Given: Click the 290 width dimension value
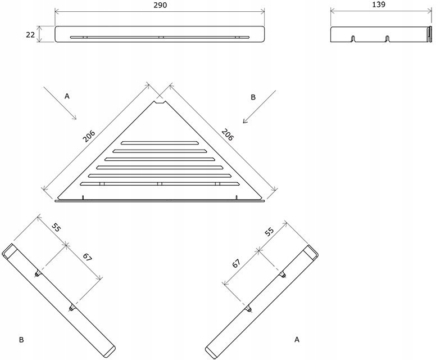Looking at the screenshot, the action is click(160, 5).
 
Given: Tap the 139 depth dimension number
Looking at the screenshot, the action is click(379, 5).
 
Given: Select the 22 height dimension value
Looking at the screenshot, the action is click(30, 34).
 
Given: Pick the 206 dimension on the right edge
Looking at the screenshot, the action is click(227, 134).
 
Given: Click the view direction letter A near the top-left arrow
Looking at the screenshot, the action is click(67, 96).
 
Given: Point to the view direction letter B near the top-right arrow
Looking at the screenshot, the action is click(253, 97).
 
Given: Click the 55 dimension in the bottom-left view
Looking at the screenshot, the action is click(57, 227).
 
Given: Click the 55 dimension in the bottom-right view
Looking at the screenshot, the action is click(269, 231).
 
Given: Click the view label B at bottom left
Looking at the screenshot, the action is click(21, 339).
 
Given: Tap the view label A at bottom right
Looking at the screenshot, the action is click(296, 339).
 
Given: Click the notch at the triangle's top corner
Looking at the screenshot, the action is click(160, 102).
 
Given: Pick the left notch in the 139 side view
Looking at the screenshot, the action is click(353, 39).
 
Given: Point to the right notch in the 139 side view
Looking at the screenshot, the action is click(387, 39).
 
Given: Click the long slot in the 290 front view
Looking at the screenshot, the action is click(160, 37).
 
